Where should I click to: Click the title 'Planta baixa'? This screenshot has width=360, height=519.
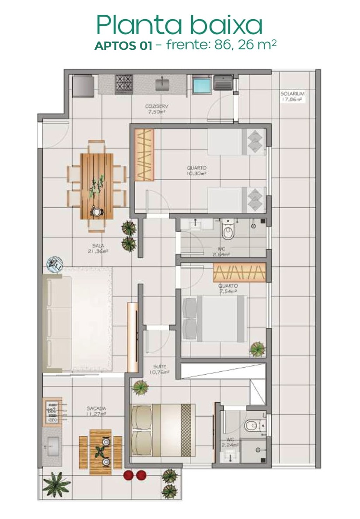[179, 25]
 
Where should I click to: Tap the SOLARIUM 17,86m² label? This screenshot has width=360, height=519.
[292, 96]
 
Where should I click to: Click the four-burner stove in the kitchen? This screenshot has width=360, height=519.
[124, 84]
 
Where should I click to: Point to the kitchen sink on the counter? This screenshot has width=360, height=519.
[162, 83]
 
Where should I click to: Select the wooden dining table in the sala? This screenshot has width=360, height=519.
[97, 186]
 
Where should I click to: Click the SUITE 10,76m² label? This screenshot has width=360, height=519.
[160, 369]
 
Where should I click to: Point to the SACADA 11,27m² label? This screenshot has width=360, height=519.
[96, 411]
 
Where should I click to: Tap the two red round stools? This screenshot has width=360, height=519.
[135, 475]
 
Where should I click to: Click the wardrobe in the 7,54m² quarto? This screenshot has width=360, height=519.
[239, 272]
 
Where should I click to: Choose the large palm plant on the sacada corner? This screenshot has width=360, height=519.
[56, 484]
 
